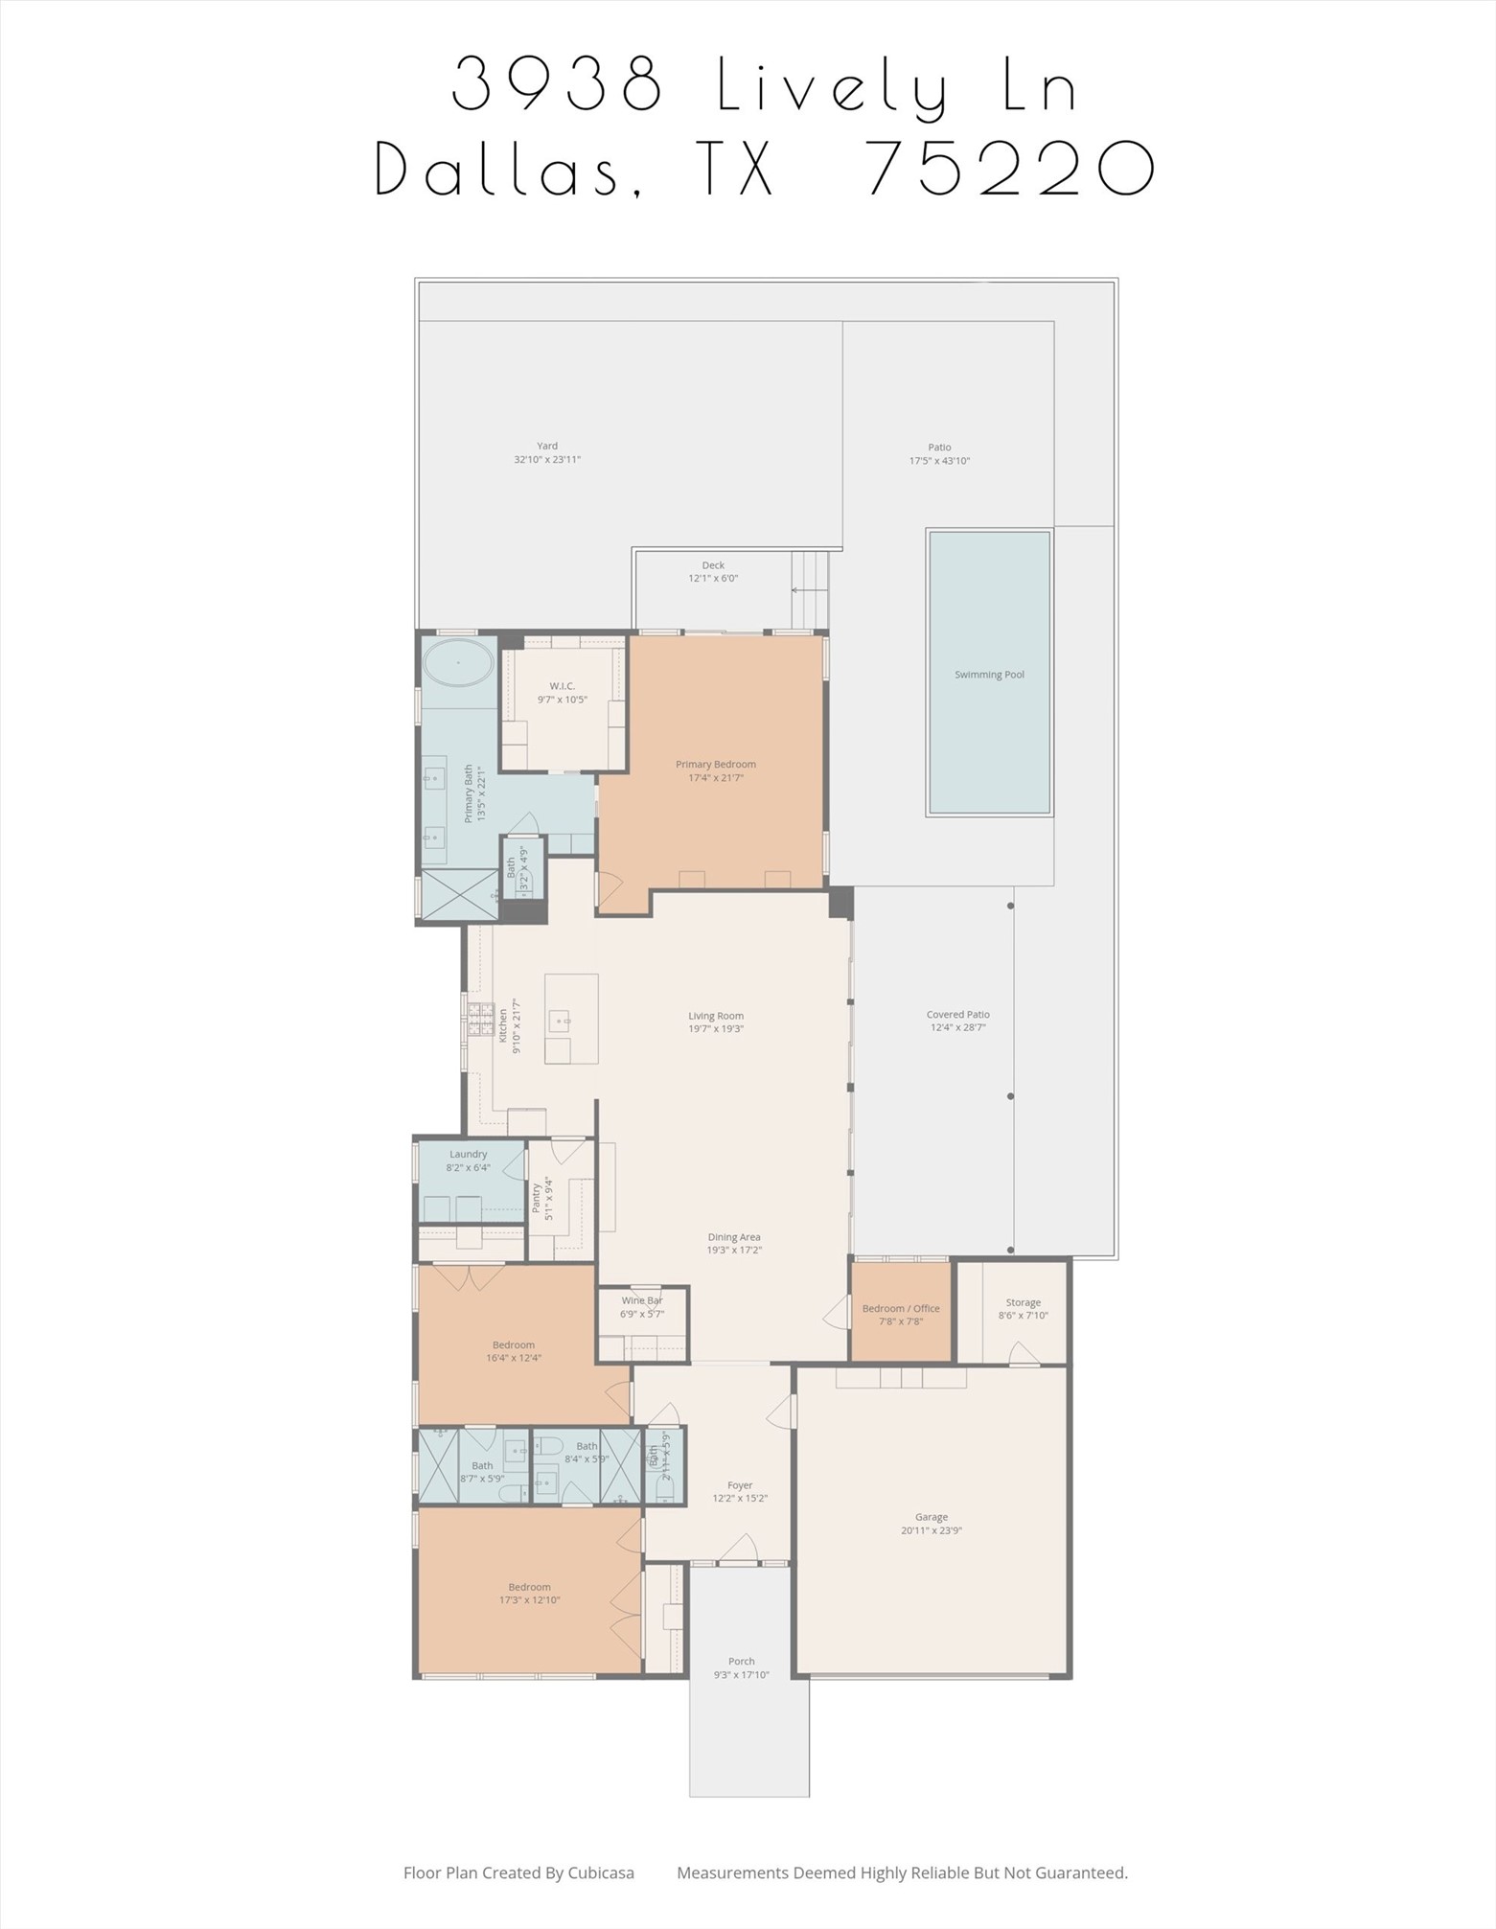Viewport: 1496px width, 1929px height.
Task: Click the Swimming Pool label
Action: (989, 675)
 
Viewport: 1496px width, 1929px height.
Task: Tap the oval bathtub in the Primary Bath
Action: (458, 662)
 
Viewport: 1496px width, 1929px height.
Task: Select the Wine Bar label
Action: (641, 1300)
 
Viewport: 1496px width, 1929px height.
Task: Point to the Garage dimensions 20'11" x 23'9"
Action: (931, 1530)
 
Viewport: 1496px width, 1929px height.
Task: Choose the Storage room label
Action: (1023, 1302)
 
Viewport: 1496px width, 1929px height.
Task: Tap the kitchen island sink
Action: (558, 1022)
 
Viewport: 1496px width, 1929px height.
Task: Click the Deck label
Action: (713, 565)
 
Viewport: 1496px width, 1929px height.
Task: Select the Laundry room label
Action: (468, 1155)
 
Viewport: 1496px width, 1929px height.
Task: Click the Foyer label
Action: (740, 1485)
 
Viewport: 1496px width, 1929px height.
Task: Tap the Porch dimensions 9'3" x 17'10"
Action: (741, 1675)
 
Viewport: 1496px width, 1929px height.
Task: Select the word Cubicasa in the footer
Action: (601, 1872)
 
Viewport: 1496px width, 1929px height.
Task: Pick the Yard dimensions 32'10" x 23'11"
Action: (547, 460)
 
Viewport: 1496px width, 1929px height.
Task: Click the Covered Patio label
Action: (957, 1014)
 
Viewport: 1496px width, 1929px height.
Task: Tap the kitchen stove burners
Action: (480, 1021)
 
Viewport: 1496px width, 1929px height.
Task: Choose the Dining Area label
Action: (734, 1237)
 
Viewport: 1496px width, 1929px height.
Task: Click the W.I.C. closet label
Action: (563, 686)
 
